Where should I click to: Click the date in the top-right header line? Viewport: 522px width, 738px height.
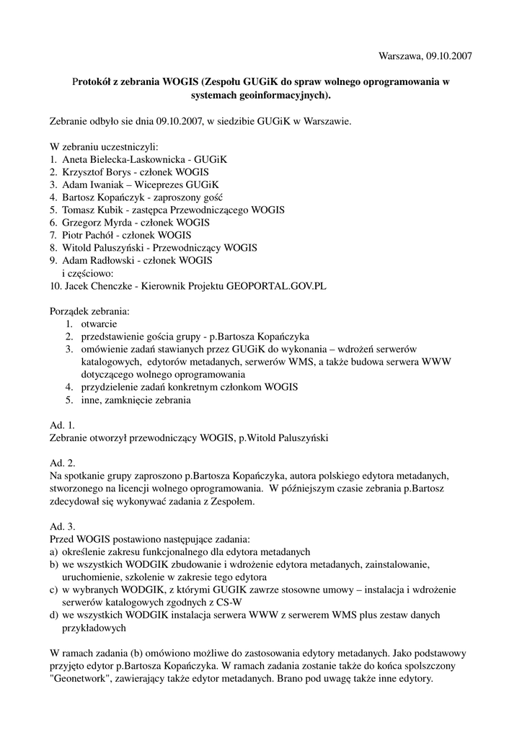tap(450, 55)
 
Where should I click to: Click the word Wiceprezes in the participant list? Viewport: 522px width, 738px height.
tap(149, 184)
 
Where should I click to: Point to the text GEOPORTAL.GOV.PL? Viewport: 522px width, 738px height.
tap(276, 285)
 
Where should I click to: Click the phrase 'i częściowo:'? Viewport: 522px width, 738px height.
tap(88, 273)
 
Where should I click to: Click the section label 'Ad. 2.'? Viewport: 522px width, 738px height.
tap(63, 463)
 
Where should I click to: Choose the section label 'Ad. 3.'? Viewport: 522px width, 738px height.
tap(63, 526)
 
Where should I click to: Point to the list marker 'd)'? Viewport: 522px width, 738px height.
tap(54, 615)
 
